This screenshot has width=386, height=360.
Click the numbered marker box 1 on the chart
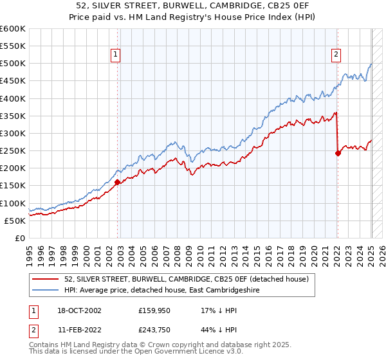(115, 55)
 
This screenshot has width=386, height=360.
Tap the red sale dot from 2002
(117, 182)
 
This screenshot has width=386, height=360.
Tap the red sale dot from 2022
(338, 153)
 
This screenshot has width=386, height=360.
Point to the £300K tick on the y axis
(13, 133)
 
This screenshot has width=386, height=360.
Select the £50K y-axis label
(15, 221)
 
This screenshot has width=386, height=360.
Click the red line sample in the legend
(45, 279)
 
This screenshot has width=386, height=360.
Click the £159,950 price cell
(154, 310)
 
